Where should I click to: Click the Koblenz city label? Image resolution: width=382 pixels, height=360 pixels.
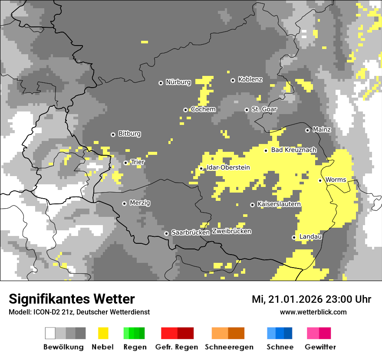pyautogui.click(x=250, y=80)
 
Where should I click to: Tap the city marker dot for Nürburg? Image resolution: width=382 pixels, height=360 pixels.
pyautogui.click(x=161, y=82)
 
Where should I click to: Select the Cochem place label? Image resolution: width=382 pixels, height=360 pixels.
pyautogui.click(x=203, y=110)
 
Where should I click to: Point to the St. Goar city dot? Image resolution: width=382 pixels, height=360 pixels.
pyautogui.click(x=247, y=110)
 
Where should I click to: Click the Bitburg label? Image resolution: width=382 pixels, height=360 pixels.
pyautogui.click(x=129, y=134)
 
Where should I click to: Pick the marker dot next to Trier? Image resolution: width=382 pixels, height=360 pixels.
pyautogui.click(x=126, y=163)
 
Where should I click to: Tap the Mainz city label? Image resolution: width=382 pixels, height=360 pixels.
pyautogui.click(x=322, y=130)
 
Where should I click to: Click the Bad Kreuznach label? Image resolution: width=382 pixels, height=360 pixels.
pyautogui.click(x=293, y=150)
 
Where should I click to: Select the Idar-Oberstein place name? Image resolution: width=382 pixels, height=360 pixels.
pyautogui.click(x=228, y=168)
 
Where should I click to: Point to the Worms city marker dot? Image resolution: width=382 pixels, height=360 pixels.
pyautogui.click(x=320, y=180)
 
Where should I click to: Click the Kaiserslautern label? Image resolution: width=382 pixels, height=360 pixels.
pyautogui.click(x=279, y=204)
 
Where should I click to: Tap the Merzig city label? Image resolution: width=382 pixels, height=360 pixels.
pyautogui.click(x=140, y=203)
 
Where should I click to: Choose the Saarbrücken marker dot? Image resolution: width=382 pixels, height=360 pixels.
pyautogui.click(x=166, y=233)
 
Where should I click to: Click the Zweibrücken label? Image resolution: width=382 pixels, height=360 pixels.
pyautogui.click(x=231, y=232)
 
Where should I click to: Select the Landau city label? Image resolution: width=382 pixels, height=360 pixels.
pyautogui.click(x=310, y=237)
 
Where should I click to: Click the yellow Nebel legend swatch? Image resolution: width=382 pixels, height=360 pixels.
pyautogui.click(x=103, y=333)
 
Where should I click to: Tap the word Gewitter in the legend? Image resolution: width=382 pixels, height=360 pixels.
pyautogui.click(x=320, y=347)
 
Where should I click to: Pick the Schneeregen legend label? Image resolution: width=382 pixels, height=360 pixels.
pyautogui.click(x=229, y=347)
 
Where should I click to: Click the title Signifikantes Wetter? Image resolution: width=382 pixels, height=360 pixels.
pyautogui.click(x=72, y=299)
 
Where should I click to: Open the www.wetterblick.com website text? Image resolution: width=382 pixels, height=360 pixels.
pyautogui.click(x=313, y=312)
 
